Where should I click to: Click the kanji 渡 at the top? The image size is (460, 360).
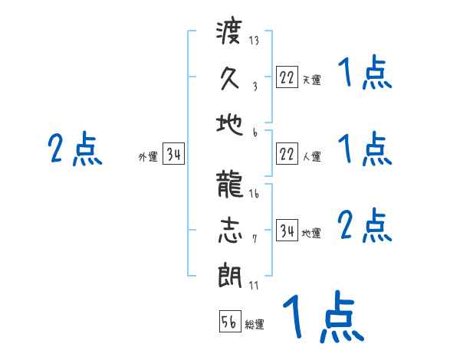pyautogui.click(x=229, y=34)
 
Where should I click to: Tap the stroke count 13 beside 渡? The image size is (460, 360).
pyautogui.click(x=254, y=41)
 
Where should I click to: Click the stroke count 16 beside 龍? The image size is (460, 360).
pyautogui.click(x=254, y=195)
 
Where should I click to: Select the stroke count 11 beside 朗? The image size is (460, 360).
pyautogui.click(x=254, y=285)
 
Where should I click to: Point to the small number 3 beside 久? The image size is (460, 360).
pyautogui.click(x=254, y=87)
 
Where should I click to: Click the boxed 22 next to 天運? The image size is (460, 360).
pyautogui.click(x=287, y=77)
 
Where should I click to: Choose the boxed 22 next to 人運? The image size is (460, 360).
pyautogui.click(x=287, y=154)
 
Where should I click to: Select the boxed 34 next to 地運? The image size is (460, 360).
pyautogui.click(x=287, y=231)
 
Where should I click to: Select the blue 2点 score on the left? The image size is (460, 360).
pyautogui.click(x=75, y=149)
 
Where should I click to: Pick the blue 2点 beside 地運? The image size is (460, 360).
pyautogui.click(x=365, y=227)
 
